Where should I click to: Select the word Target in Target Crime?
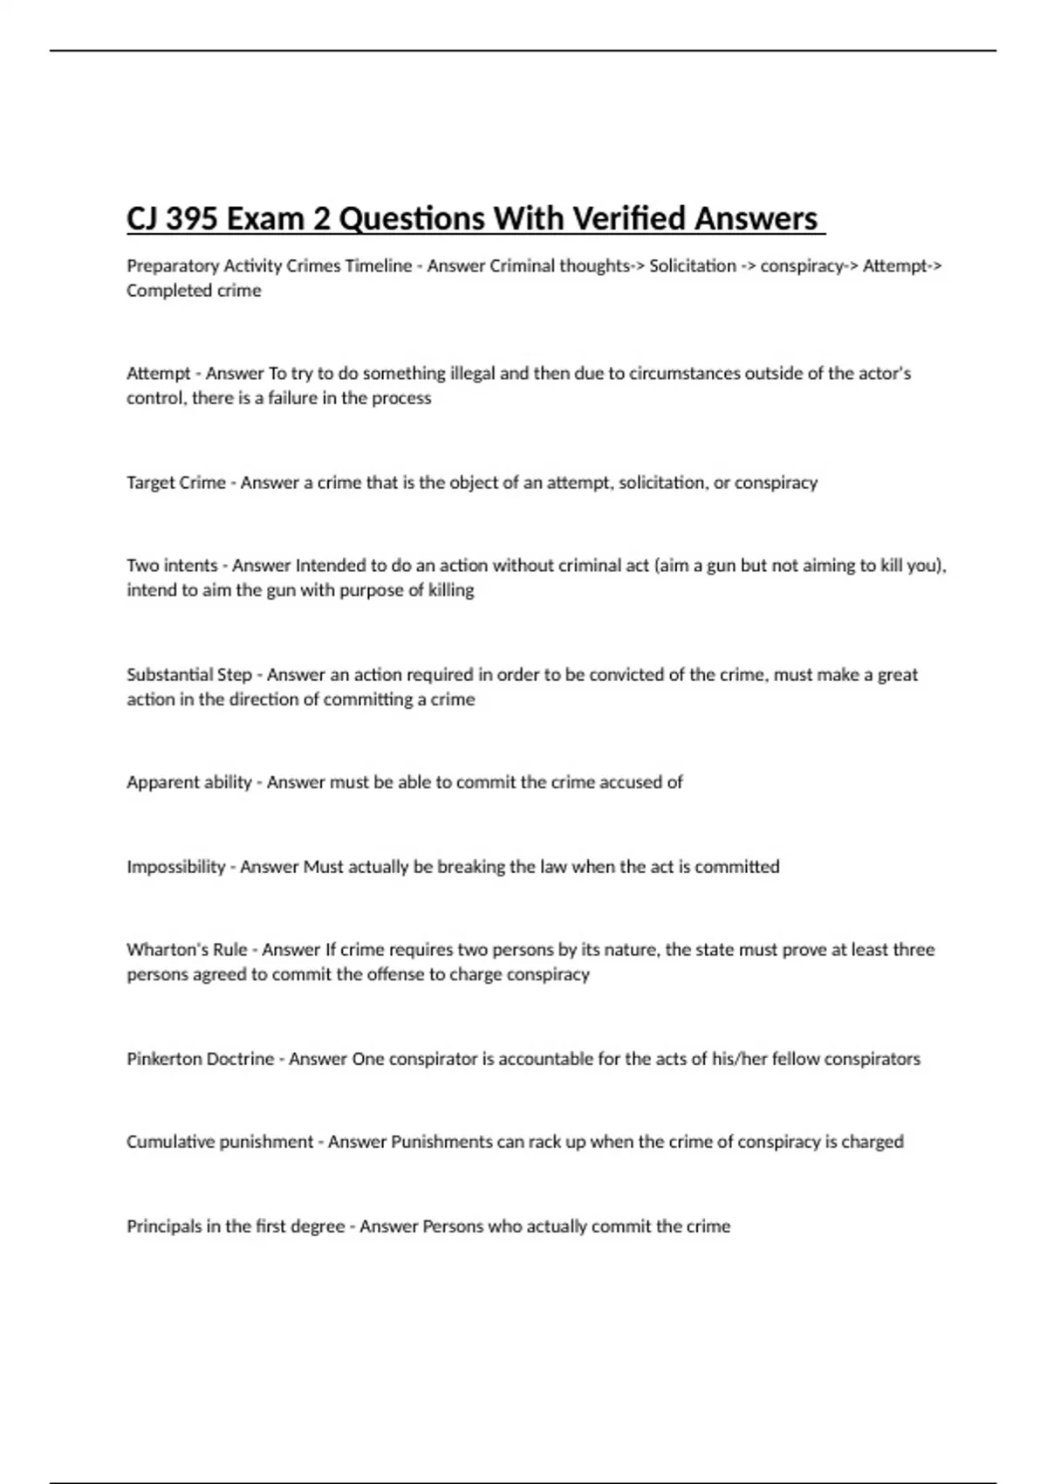[150, 483]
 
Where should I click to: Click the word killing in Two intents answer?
[451, 590]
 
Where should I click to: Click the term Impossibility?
[176, 867]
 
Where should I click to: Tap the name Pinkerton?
[162, 1059]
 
